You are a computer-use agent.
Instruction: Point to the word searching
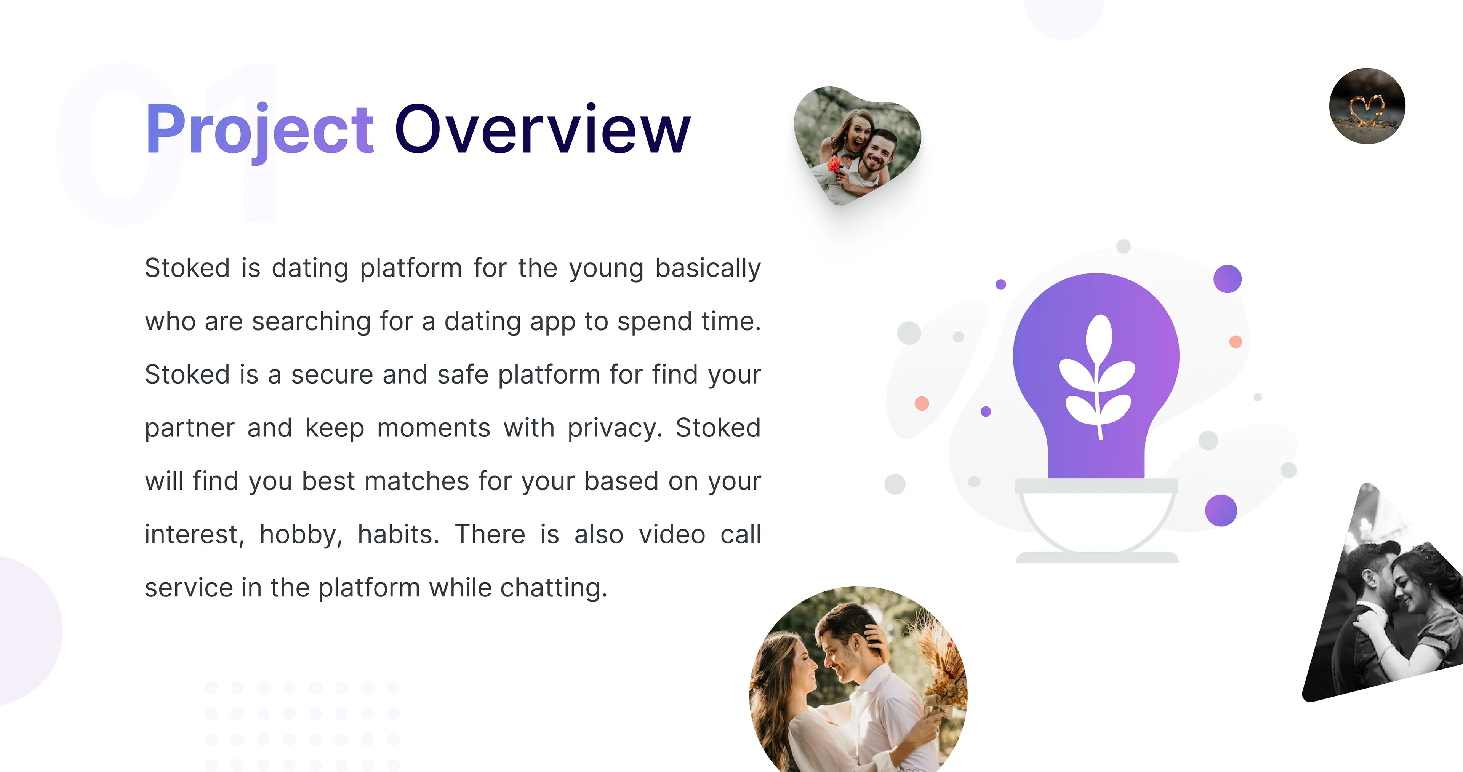pos(311,322)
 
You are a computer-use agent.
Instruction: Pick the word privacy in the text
pos(615,428)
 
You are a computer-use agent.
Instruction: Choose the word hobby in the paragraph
pos(301,535)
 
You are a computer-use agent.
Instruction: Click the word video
pos(672,534)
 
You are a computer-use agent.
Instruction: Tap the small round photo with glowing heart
pos(1367,106)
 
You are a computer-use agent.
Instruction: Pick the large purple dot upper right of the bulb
pos(1227,279)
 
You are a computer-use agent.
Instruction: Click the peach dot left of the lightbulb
pos(922,404)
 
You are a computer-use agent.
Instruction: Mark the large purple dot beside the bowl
pos(1221,510)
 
